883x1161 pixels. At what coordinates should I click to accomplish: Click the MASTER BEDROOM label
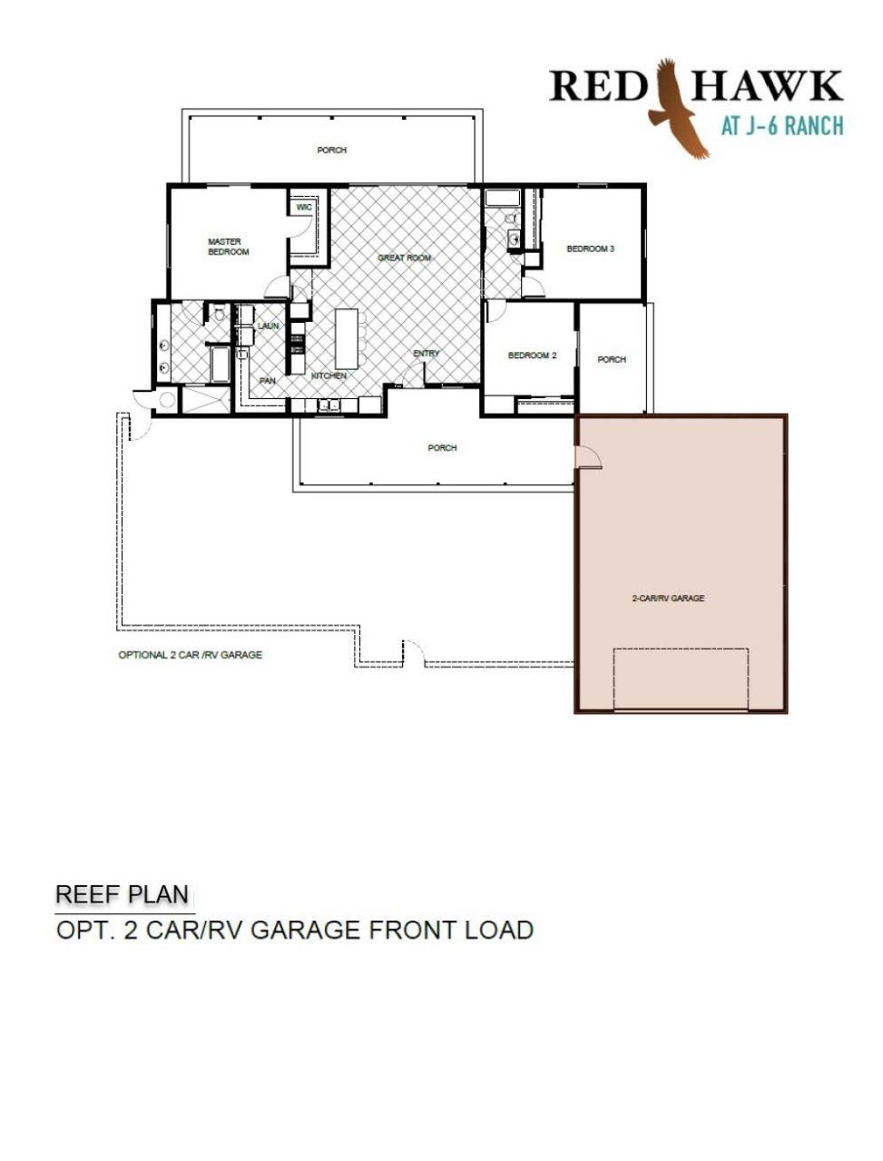tap(228, 247)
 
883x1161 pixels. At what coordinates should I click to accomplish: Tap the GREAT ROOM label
tap(404, 258)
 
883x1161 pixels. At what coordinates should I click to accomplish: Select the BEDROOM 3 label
tap(591, 249)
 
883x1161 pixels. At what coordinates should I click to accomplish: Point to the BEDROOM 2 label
tap(532, 356)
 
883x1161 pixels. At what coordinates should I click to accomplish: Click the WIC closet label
tap(304, 207)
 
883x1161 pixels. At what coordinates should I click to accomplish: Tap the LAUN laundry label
tap(269, 326)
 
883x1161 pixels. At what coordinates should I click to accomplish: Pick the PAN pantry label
tap(267, 381)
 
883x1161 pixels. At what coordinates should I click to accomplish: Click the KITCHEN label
tap(329, 376)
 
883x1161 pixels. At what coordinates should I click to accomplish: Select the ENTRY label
tap(427, 353)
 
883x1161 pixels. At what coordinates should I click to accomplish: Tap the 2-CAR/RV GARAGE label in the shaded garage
tap(669, 599)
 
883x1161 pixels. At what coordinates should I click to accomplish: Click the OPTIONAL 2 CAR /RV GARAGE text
tap(191, 655)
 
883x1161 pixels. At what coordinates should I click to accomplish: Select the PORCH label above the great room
tap(332, 151)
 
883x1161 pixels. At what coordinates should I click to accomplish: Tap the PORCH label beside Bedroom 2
tap(612, 360)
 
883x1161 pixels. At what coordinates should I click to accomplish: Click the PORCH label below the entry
tap(442, 448)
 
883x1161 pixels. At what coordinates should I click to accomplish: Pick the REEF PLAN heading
tap(123, 894)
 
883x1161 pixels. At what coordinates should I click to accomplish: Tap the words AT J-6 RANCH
tap(782, 126)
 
